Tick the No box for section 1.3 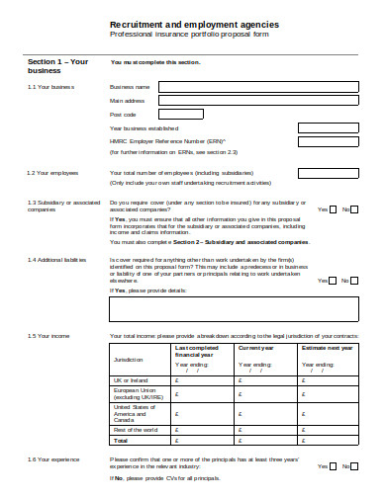pos(354,209)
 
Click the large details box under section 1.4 pos(234,309)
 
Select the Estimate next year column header pos(327,348)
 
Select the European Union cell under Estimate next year pos(327,393)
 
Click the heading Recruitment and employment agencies pos(193,24)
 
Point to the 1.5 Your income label pos(49,336)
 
